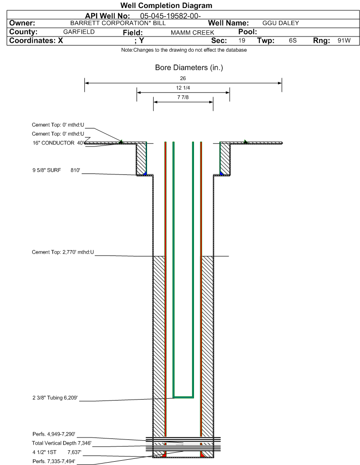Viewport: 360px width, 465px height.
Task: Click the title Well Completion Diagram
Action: click(x=166, y=6)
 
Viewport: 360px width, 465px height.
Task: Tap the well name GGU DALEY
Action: click(x=280, y=23)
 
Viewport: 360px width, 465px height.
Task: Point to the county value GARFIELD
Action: click(x=79, y=32)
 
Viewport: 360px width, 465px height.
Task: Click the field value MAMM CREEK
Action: click(x=192, y=32)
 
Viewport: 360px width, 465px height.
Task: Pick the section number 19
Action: click(x=242, y=41)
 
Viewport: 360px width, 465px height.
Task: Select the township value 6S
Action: click(x=293, y=41)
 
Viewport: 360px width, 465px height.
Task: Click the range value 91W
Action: click(x=344, y=41)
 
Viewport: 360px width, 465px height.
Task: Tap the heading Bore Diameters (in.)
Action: click(x=189, y=68)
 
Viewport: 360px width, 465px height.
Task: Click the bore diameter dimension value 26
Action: click(x=183, y=78)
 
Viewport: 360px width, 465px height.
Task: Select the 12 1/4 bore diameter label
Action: click(x=183, y=88)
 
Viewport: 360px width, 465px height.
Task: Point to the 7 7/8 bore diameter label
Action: click(x=183, y=97)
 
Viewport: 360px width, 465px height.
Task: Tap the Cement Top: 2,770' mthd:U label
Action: click(x=63, y=252)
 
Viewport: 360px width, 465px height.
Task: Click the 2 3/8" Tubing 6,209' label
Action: click(x=51, y=398)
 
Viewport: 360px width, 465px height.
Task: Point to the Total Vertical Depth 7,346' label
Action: click(x=58, y=443)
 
